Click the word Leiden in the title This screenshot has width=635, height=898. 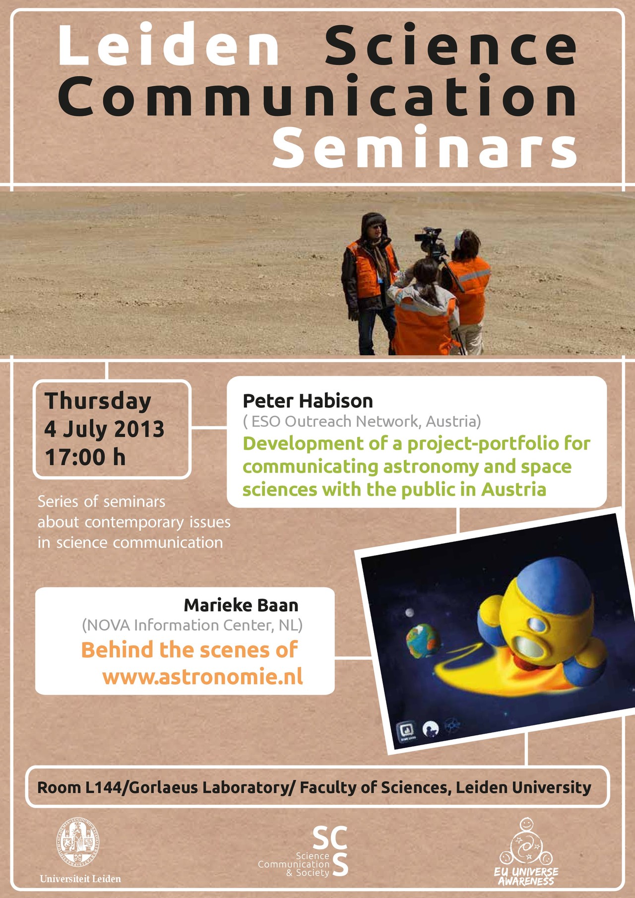point(169,45)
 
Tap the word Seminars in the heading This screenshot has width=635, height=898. point(425,147)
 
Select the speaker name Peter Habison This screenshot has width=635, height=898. point(308,401)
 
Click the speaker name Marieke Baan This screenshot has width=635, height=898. point(241,605)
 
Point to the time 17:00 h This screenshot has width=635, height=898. point(85,457)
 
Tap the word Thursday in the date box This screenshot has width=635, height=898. point(98,401)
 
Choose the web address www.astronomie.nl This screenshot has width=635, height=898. point(202,677)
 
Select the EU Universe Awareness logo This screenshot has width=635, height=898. point(526,851)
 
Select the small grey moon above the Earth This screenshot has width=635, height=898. point(410,613)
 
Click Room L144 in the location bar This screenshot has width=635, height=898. point(79,787)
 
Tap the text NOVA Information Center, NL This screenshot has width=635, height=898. point(192,625)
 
